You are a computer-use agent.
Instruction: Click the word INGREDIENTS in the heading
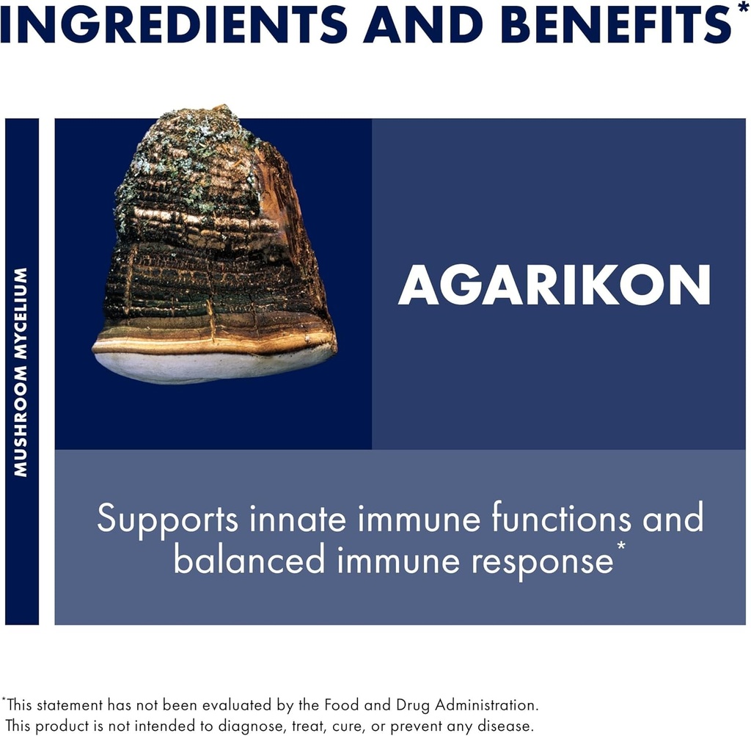173,23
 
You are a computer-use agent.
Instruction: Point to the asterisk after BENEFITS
743,9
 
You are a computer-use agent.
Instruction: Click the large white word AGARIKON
554,285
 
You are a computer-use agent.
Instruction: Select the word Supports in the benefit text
167,520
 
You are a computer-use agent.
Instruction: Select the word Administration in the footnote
486,705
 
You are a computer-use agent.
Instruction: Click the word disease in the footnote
502,726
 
